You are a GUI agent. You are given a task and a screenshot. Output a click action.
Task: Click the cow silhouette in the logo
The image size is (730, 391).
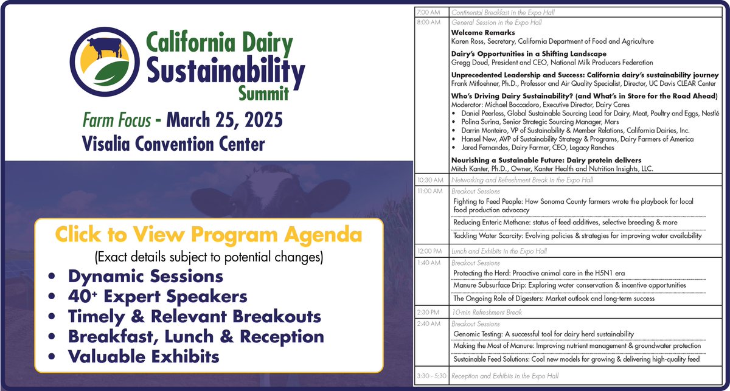pos(103,47)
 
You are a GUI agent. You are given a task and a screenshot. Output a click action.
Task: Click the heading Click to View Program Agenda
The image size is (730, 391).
pos(209,235)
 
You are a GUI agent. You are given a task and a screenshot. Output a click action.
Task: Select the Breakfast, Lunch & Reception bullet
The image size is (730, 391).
pos(196,336)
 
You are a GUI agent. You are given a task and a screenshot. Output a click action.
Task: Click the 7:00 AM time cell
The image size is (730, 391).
pos(429,12)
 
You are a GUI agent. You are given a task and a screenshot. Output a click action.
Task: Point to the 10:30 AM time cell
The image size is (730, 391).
pos(431,180)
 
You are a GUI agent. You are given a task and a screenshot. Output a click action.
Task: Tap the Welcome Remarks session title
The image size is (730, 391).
pos(483,32)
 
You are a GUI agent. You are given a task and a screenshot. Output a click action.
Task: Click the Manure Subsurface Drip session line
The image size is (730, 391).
pos(569,285)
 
